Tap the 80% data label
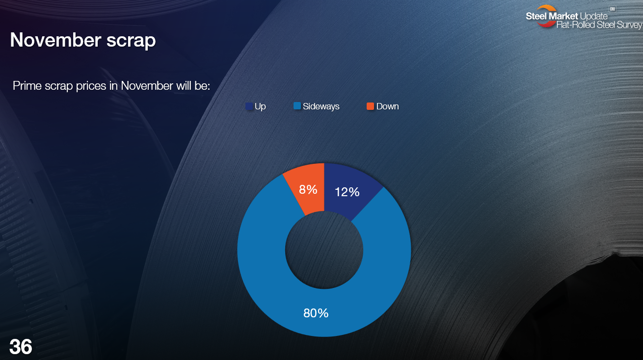click(316, 313)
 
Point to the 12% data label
click(347, 192)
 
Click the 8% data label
click(308, 189)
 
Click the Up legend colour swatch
click(249, 106)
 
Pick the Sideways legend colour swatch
click(297, 106)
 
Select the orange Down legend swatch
click(370, 106)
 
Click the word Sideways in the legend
click(321, 106)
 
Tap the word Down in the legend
click(388, 106)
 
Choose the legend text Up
click(260, 107)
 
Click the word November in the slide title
click(55, 40)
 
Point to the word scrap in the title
click(131, 41)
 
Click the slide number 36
click(21, 347)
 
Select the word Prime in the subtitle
click(27, 86)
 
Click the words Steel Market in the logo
click(552, 16)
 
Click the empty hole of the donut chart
click(324, 250)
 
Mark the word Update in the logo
click(593, 17)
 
